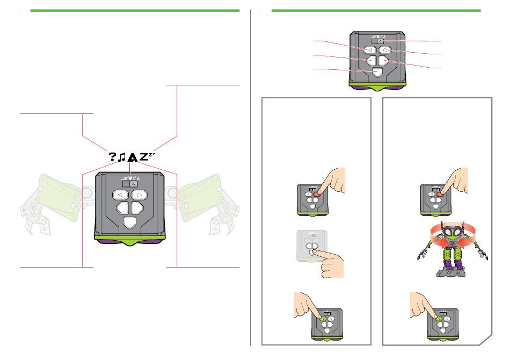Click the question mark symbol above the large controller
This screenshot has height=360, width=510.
click(113, 156)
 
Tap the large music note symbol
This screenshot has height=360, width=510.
click(122, 156)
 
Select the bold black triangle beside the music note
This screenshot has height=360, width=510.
click(132, 157)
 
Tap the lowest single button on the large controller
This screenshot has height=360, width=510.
click(130, 222)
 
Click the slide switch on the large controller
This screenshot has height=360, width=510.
click(130, 183)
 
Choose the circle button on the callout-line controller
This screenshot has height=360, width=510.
click(385, 50)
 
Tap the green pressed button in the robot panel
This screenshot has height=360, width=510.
click(439, 318)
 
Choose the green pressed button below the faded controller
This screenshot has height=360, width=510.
click(324, 318)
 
